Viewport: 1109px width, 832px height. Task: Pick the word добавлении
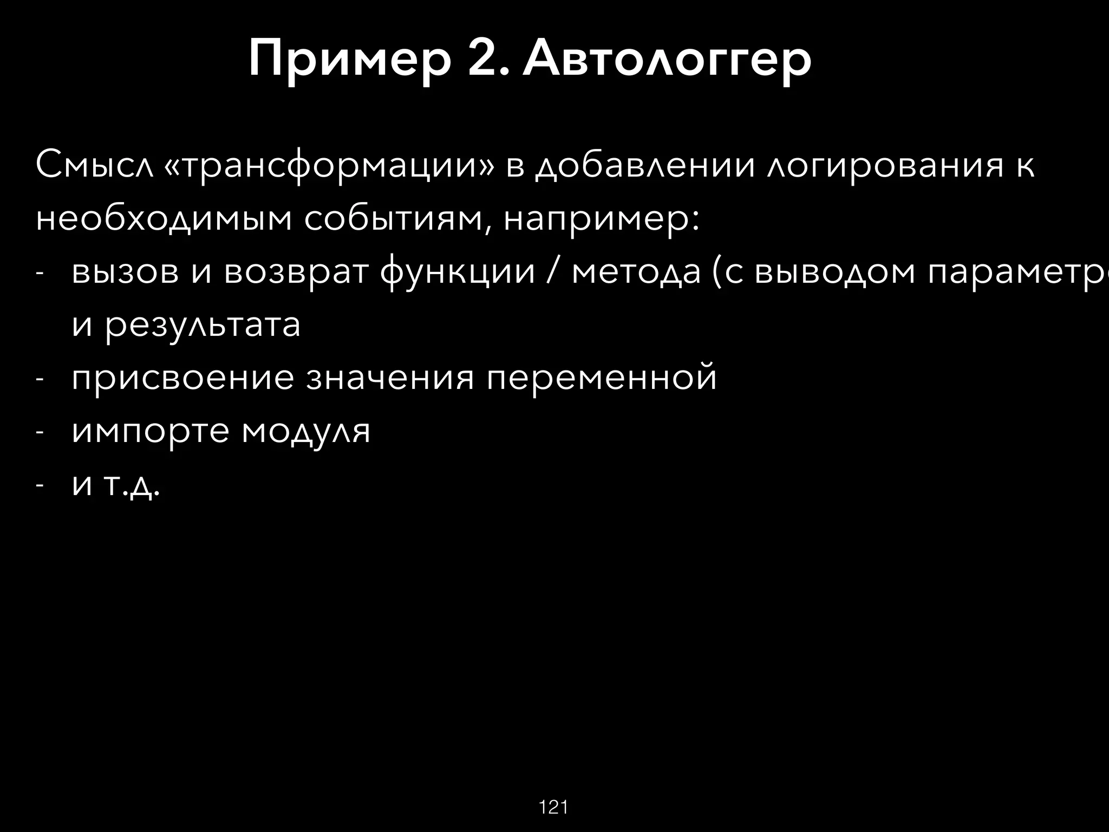tap(644, 167)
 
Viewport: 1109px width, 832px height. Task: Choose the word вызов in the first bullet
tap(125, 272)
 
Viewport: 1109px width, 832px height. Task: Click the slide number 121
tap(553, 808)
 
